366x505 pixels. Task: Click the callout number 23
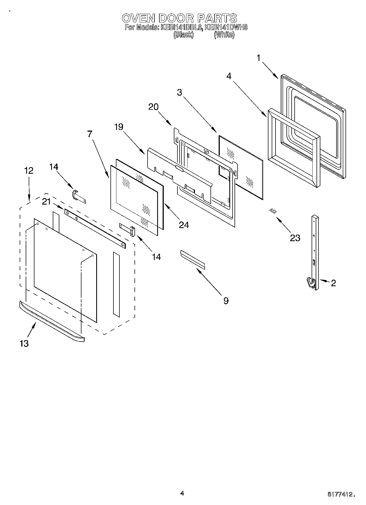point(295,238)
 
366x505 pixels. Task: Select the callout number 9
point(226,301)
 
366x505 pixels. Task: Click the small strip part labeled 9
point(192,258)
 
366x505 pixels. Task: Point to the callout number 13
point(24,343)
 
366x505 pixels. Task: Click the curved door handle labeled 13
point(52,321)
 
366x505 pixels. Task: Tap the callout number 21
point(46,202)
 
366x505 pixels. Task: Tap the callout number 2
point(333,283)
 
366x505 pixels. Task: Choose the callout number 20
point(153,107)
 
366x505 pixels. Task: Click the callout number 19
point(119,127)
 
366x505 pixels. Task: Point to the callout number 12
point(29,170)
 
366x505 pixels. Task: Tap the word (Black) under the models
point(183,35)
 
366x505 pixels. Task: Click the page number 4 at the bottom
point(182,493)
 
